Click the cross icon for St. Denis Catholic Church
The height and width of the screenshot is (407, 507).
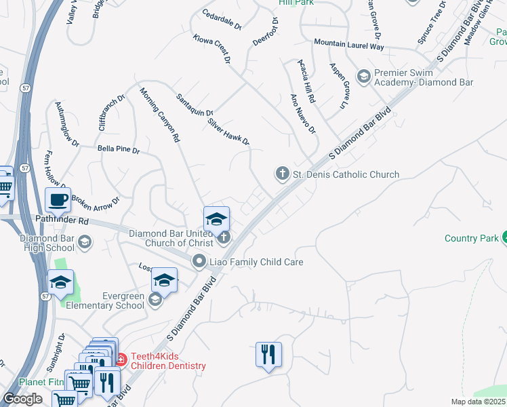(282, 174)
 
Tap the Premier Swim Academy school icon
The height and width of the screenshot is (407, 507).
(363, 77)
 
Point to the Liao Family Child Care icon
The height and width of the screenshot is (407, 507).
(199, 261)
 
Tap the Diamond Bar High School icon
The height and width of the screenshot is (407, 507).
(85, 242)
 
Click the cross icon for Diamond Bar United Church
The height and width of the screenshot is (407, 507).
(224, 237)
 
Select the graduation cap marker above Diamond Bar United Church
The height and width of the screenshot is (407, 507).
(216, 218)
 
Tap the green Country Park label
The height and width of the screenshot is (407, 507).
(471, 238)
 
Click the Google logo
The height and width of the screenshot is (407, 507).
(22, 399)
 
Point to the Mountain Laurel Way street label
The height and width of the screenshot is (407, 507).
(348, 44)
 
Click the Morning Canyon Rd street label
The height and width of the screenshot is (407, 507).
(160, 115)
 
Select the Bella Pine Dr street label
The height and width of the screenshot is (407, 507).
(118, 149)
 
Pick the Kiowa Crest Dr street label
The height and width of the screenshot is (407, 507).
(211, 51)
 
